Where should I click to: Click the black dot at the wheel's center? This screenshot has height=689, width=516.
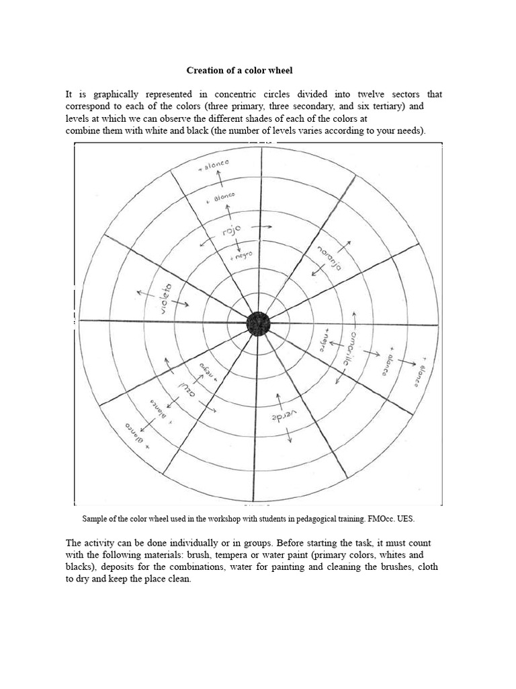(x=258, y=324)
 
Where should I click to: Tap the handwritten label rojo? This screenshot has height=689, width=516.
(x=231, y=232)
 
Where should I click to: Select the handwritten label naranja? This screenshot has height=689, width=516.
(x=328, y=256)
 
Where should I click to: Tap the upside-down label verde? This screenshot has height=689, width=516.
(x=284, y=417)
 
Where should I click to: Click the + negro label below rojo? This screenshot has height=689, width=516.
(x=241, y=256)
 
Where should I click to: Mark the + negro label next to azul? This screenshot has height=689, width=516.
(x=208, y=370)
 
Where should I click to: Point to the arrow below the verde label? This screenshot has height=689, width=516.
(x=290, y=435)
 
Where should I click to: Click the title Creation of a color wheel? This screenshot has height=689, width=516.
(x=240, y=71)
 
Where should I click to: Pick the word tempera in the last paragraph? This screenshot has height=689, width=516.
(x=271, y=555)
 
